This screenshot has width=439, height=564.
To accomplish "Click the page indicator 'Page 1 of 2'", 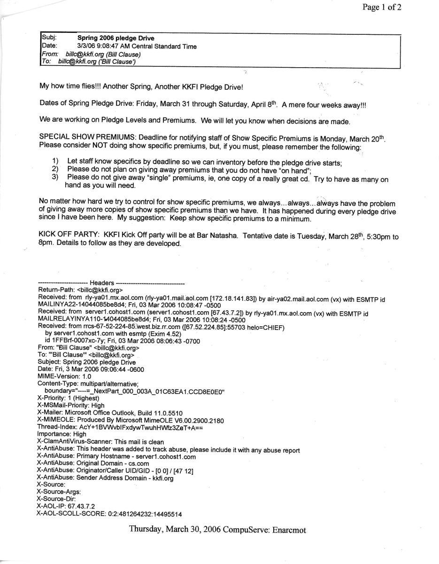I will [x=381, y=7].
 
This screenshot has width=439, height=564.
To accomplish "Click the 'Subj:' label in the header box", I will [x=48, y=38].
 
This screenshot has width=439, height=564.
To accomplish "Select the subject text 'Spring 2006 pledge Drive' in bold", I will [x=116, y=38].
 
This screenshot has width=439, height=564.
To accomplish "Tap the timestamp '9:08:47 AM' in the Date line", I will [x=110, y=46].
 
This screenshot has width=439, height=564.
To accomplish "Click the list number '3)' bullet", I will [x=55, y=178].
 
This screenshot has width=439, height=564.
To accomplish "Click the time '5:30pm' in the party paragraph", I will [x=375, y=236].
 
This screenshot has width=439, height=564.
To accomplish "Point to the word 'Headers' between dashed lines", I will [x=101, y=283].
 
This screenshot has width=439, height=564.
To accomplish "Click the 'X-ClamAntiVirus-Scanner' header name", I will [x=74, y=442].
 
